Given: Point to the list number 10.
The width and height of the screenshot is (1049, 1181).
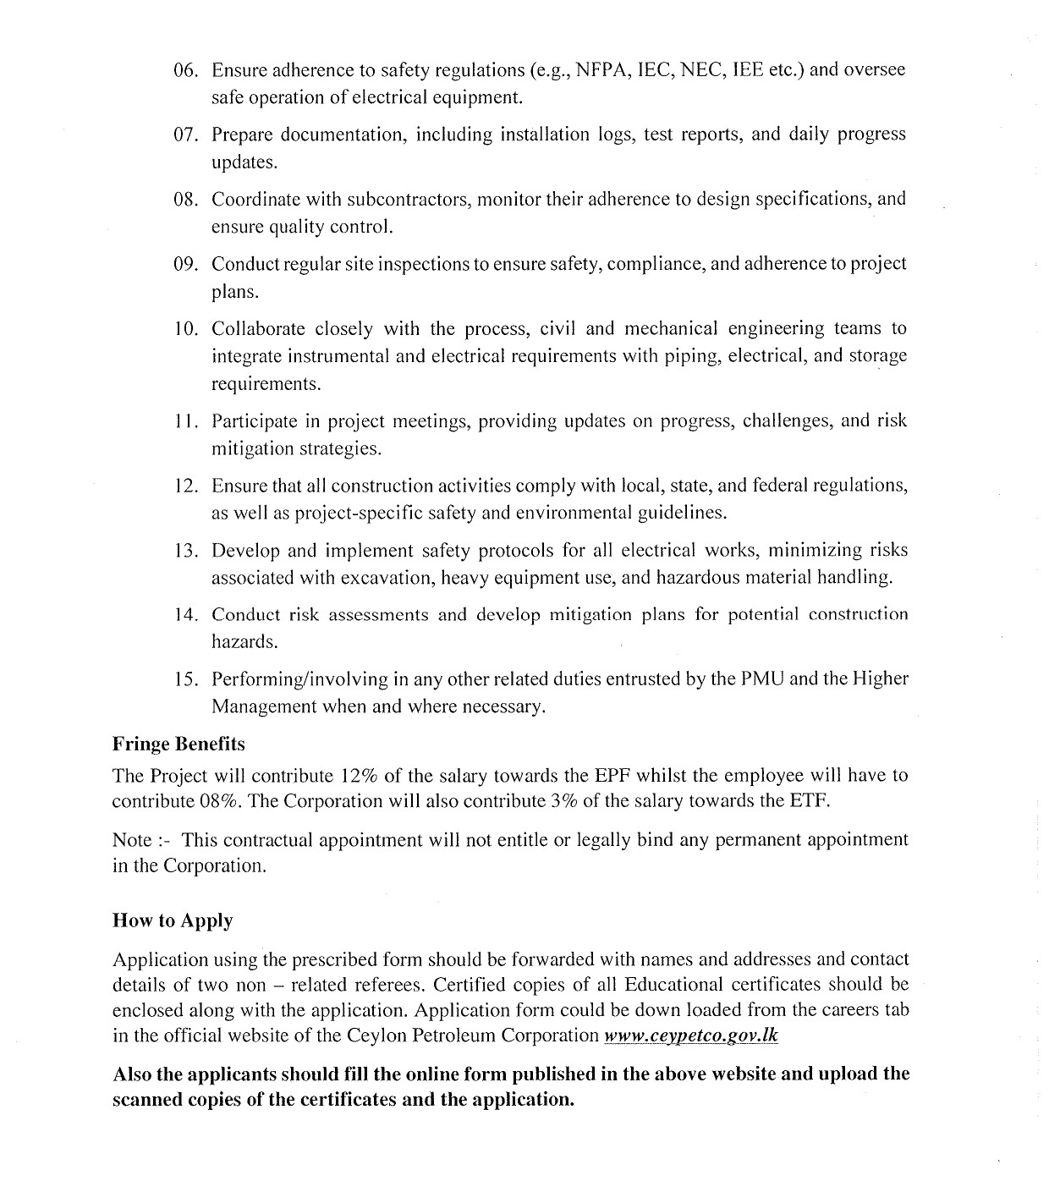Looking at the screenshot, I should click(185, 329).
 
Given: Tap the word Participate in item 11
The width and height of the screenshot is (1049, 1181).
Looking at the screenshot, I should click(255, 421).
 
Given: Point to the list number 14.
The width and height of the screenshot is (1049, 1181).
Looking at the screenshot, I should click(185, 615).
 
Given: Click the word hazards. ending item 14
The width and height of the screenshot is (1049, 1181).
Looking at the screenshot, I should click(244, 642).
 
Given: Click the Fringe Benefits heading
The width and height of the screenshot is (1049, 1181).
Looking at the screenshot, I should click(178, 744).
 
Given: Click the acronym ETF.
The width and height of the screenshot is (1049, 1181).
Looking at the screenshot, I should click(809, 801).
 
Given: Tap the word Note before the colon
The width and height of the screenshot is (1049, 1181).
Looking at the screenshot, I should click(132, 841).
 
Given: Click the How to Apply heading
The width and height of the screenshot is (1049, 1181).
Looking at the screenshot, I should click(173, 921).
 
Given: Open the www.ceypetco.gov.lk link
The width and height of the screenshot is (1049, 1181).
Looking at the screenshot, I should click(690, 1035).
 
